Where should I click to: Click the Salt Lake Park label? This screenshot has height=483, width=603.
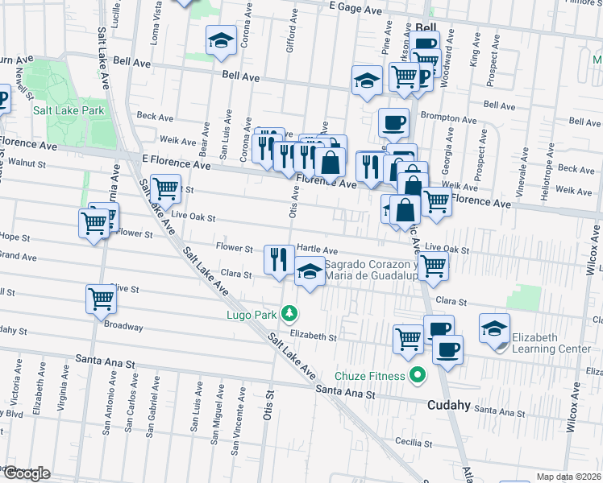coord(69,109)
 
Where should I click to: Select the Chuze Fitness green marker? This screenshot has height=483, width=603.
coord(417,375)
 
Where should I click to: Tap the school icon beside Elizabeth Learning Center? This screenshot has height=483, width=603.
coord(494,328)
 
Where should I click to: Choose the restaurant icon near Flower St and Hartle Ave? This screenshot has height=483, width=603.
coord(279,259)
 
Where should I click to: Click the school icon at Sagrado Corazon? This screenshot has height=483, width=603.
coord(310,272)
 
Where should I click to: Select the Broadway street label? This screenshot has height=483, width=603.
coord(123,328)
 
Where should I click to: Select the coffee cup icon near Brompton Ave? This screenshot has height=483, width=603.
coord(393,122)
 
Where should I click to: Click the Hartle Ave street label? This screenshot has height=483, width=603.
coord(317,250)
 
